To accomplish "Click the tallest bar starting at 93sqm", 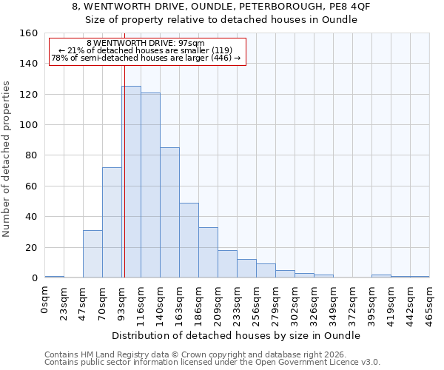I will (x=132, y=182).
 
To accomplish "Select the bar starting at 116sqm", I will (x=150, y=185).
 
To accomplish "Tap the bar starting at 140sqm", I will (x=169, y=212).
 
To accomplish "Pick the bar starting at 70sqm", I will (x=112, y=223).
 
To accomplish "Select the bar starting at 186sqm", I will (x=208, y=252).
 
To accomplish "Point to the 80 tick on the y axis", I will (x=31, y=155).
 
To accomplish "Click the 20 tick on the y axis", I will (x=31, y=247).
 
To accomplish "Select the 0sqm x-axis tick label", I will (x=45, y=299).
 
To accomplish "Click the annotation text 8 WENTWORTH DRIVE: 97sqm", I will (x=146, y=44).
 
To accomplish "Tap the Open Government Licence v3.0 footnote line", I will (x=212, y=363).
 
